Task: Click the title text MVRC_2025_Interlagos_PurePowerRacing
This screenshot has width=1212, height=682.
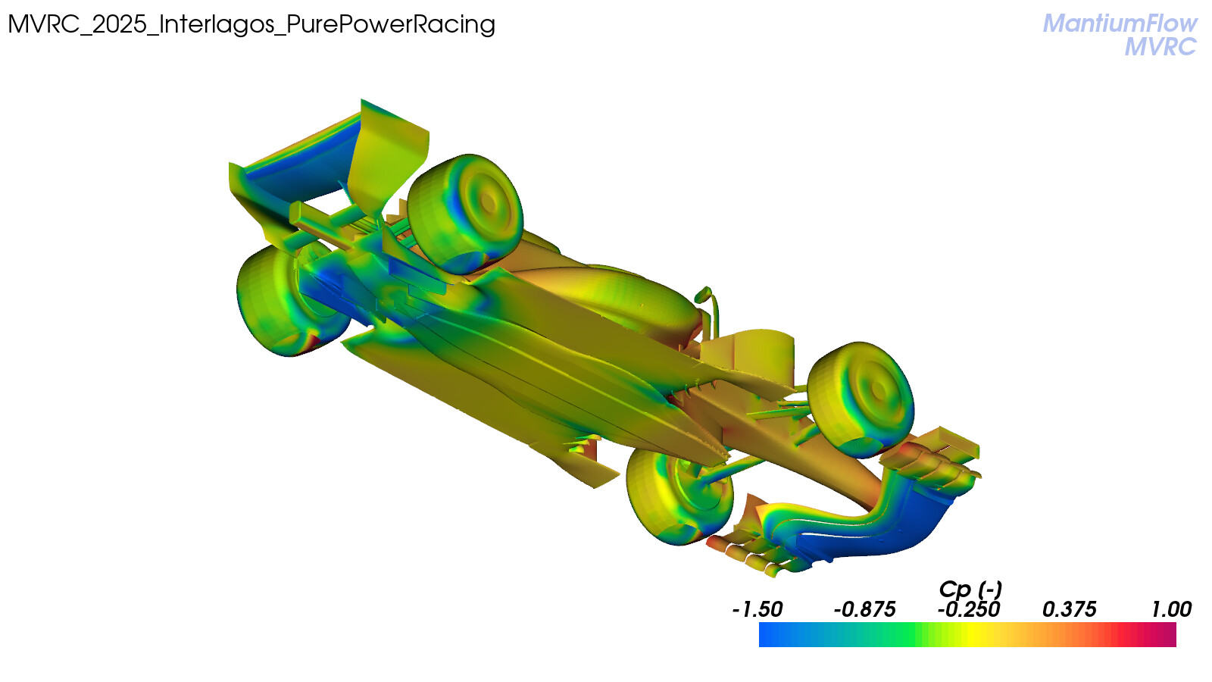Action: [x=251, y=25]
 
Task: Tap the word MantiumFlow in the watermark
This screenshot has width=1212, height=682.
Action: [x=1120, y=23]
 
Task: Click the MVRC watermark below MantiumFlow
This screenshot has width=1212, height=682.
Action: [x=1160, y=46]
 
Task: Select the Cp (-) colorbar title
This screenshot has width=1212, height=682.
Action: [x=970, y=589]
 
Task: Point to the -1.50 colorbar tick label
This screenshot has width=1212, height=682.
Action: [x=757, y=610]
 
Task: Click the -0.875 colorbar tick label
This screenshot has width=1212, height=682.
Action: [x=864, y=610]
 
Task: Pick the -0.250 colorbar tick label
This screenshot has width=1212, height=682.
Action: [x=969, y=610]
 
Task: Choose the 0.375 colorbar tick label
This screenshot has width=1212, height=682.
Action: [x=1069, y=610]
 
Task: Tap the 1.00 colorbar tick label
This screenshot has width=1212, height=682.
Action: [x=1171, y=610]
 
